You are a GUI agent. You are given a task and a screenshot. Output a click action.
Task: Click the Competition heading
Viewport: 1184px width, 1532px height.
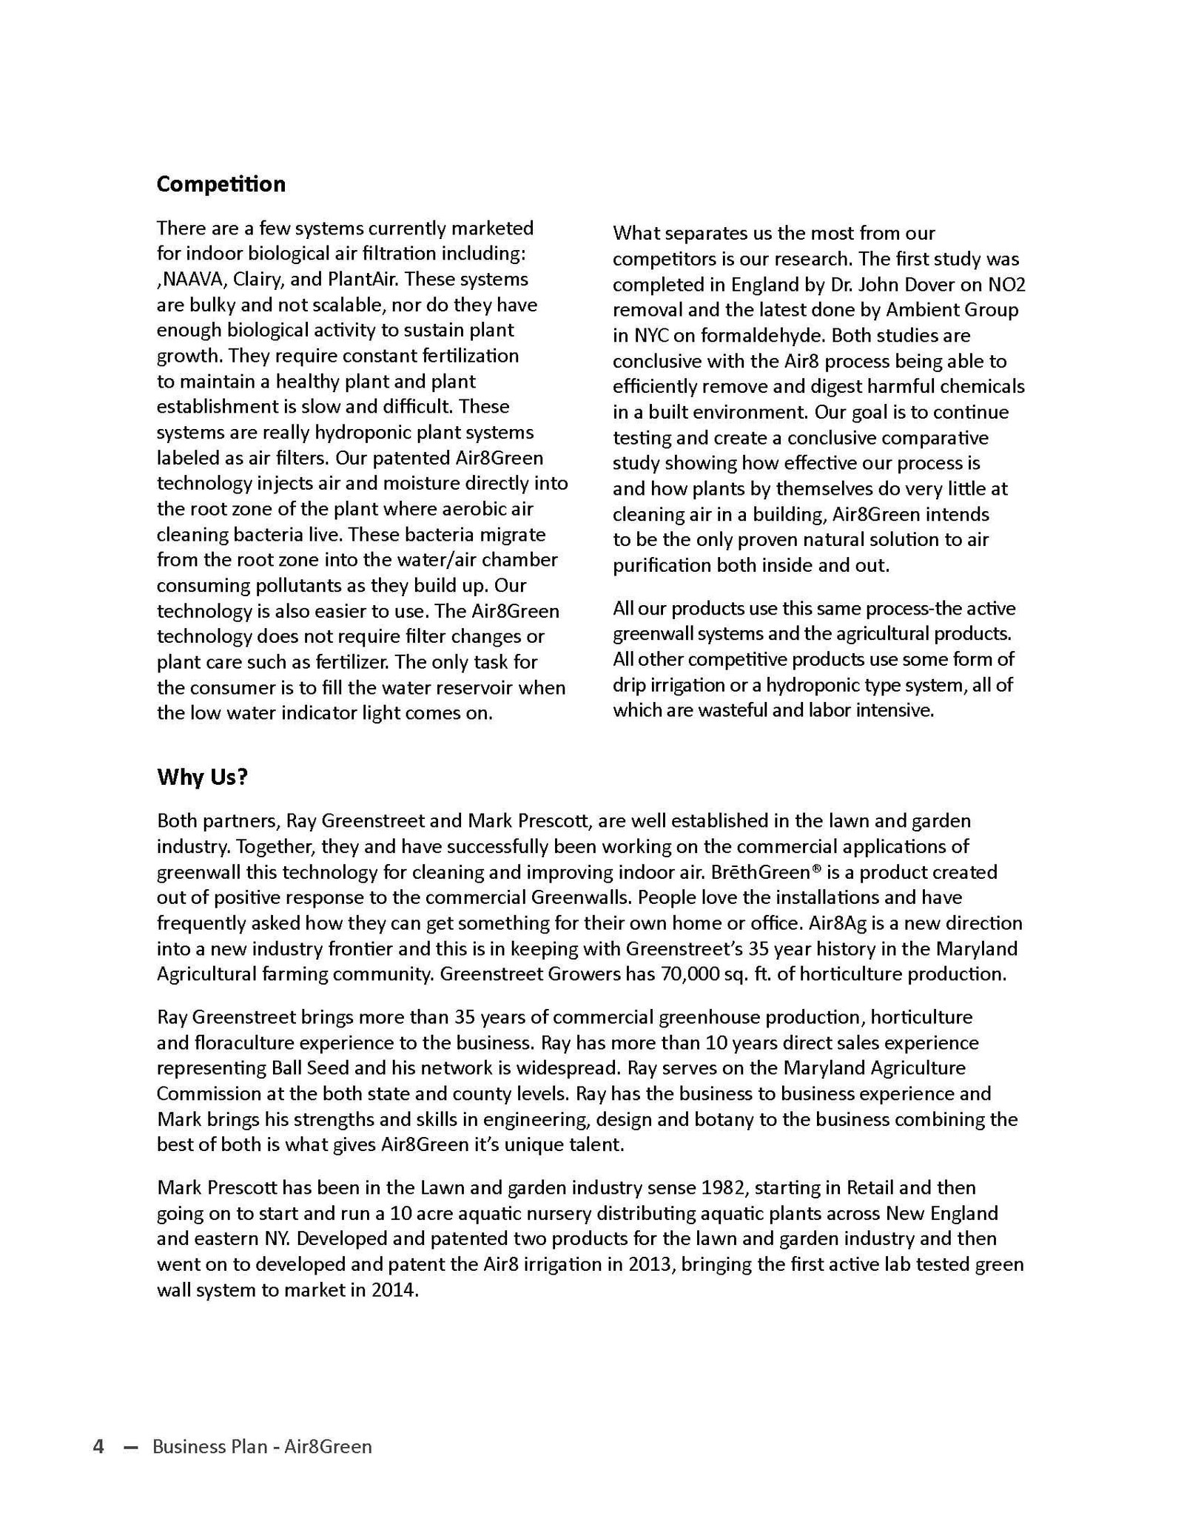[221, 184]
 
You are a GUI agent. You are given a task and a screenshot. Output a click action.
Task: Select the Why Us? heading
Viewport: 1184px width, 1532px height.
[202, 777]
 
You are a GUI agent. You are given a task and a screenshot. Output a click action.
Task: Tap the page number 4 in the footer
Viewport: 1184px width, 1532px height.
[98, 1446]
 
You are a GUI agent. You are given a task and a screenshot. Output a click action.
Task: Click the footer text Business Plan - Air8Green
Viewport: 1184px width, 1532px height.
[262, 1446]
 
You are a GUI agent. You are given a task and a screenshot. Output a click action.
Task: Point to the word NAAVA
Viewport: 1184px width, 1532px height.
[193, 280]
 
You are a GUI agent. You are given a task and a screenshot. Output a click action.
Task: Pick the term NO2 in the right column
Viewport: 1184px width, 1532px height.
[1006, 285]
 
